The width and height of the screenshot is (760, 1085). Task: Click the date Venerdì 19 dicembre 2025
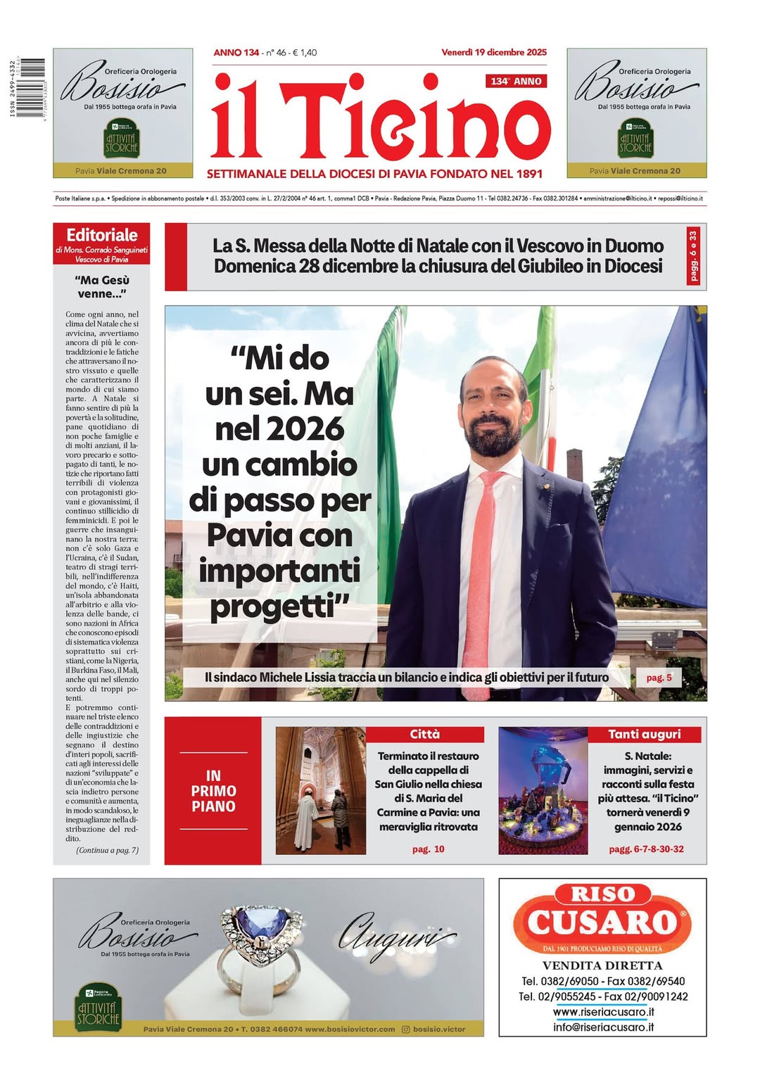coord(493,52)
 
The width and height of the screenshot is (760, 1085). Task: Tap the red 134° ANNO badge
coord(516,81)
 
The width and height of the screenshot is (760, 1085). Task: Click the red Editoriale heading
coord(102,235)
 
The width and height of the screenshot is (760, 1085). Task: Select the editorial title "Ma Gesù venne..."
coord(102,287)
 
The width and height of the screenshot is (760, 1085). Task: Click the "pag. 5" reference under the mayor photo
coord(659,678)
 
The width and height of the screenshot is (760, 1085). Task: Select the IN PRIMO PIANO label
coord(213,791)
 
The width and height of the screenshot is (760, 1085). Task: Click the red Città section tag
coord(425,735)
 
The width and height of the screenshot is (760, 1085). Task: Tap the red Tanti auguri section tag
coord(644,735)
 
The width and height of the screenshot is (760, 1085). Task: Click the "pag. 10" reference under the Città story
coord(428,849)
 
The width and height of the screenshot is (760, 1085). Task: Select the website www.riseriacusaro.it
coord(603,1012)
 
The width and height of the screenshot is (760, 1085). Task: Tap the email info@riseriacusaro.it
coord(603,1027)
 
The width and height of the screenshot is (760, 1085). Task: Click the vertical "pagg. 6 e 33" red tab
coord(695,256)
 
